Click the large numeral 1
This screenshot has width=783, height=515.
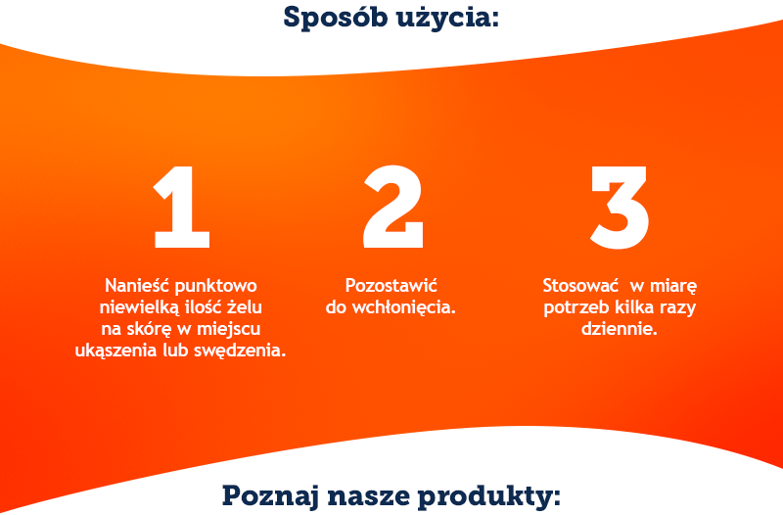[182, 207]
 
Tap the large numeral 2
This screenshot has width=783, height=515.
[393, 207]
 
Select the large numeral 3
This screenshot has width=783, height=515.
[620, 208]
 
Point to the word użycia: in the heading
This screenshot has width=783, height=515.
[447, 19]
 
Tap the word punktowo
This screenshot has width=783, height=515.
[216, 287]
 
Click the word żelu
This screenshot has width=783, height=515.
[245, 306]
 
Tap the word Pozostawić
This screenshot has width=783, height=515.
[391, 286]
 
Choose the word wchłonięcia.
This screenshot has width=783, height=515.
[404, 307]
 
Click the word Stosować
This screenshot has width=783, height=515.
[580, 286]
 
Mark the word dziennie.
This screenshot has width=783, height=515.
[620, 329]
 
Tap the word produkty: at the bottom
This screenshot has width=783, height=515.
[489, 497]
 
